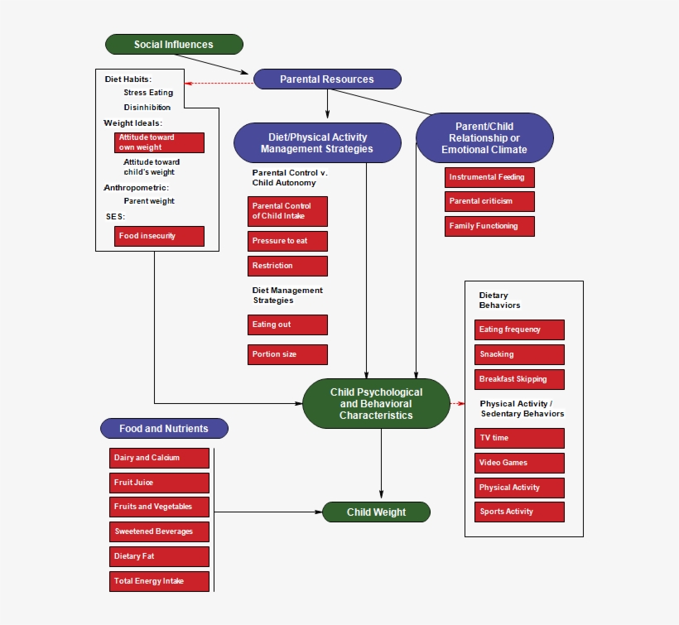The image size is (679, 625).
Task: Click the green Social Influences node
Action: tap(174, 45)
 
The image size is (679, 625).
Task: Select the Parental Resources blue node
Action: tap(327, 79)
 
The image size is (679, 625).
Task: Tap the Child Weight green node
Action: tap(377, 512)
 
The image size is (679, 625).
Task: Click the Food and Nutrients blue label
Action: tap(164, 429)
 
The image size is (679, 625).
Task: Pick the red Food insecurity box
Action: tap(159, 236)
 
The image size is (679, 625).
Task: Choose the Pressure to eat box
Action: tap(287, 241)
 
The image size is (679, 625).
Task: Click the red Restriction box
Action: tap(287, 266)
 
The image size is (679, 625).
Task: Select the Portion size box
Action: tap(287, 354)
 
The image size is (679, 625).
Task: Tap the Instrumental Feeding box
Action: tap(489, 177)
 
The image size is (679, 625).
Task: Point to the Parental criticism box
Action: tap(489, 201)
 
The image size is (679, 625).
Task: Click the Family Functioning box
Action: tap(489, 226)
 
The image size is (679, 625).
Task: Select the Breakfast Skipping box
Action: tap(520, 379)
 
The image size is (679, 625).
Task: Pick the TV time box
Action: tap(520, 438)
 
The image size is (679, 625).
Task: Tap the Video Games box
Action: tap(520, 463)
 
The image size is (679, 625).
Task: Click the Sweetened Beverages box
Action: tap(159, 531)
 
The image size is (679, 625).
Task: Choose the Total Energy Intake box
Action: tap(159, 581)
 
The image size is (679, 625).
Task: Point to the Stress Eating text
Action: tap(148, 93)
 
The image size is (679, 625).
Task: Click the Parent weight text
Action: tap(149, 201)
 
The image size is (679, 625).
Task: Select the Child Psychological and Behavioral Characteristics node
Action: tap(377, 404)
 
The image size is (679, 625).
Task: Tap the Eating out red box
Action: tap(287, 325)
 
